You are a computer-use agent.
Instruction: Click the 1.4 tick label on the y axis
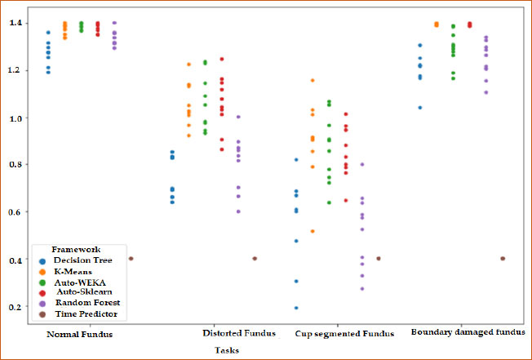click(x=16, y=23)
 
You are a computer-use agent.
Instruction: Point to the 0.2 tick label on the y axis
click(x=16, y=308)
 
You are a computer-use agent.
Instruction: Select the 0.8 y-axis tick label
click(x=16, y=165)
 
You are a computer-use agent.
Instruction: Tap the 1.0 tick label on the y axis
click(x=16, y=118)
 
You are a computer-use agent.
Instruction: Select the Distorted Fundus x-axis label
click(x=238, y=334)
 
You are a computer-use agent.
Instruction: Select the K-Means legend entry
click(x=75, y=271)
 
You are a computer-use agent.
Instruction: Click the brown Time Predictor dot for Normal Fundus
click(x=131, y=259)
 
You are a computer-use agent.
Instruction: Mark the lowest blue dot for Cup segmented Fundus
click(x=296, y=308)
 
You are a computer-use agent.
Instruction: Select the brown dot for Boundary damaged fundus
click(x=503, y=259)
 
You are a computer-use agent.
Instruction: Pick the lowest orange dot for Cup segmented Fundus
click(x=313, y=232)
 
